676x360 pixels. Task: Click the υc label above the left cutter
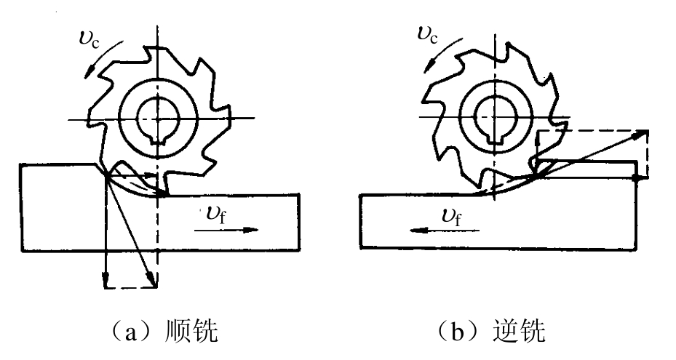[x=90, y=39]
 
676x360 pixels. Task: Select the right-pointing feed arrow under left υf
[x=226, y=230]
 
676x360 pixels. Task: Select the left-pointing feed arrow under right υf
[x=444, y=231]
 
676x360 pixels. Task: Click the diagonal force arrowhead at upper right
[x=642, y=134]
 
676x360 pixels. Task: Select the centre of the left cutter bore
[x=158, y=118]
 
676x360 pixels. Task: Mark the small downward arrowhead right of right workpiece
[x=637, y=177]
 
